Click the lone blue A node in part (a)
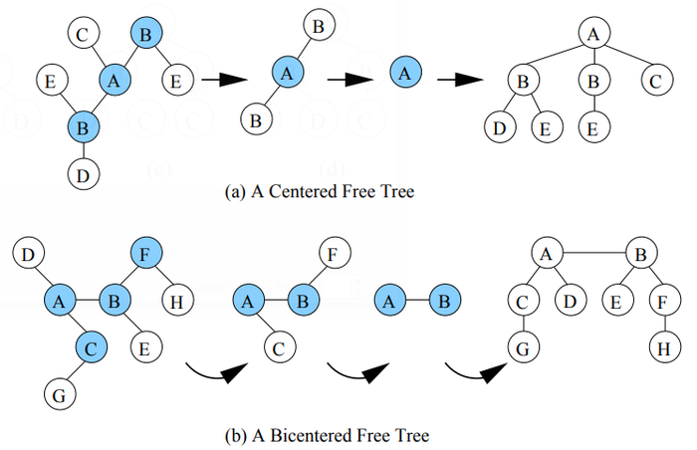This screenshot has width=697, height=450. pos(403,72)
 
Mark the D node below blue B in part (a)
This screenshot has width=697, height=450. pos(84,175)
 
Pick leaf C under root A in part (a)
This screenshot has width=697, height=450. pos(653,78)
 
